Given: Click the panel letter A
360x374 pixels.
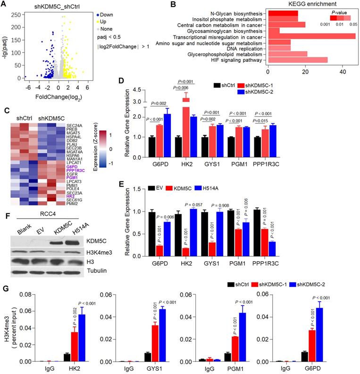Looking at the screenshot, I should [4, 4].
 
